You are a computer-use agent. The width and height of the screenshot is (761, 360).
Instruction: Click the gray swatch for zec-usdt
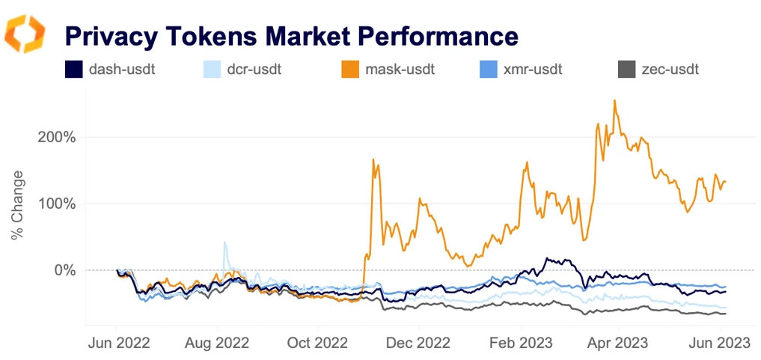pyautogui.click(x=627, y=70)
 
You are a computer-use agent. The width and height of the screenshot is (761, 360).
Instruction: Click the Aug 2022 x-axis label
pyautogui.click(x=217, y=343)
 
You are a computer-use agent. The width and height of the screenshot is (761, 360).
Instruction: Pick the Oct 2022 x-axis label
pyautogui.click(x=317, y=343)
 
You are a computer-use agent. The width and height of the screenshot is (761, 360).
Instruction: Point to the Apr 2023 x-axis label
pyautogui.click(x=618, y=343)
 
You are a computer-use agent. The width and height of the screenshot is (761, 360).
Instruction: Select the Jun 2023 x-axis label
pyautogui.click(x=719, y=343)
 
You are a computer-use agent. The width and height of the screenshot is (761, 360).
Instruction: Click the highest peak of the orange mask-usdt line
pyautogui.click(x=614, y=101)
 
